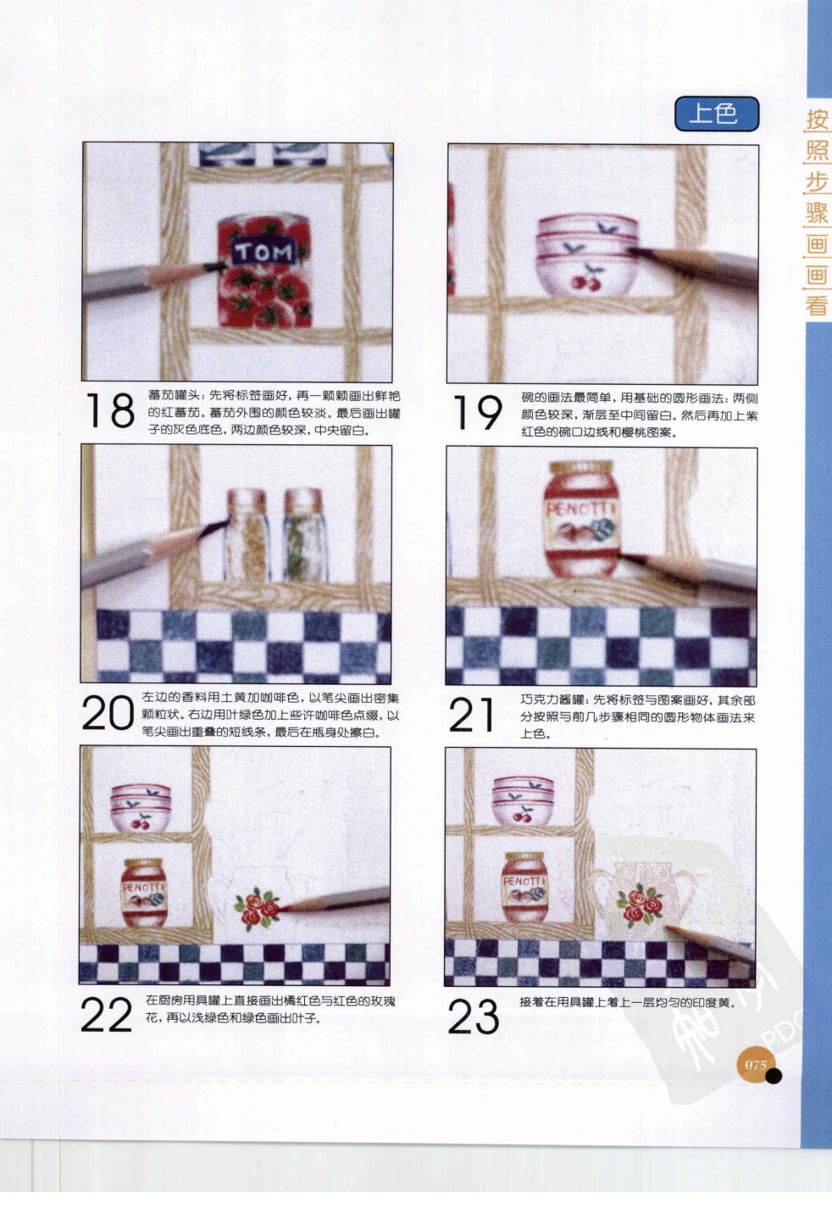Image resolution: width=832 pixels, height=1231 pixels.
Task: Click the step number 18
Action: click(110, 410)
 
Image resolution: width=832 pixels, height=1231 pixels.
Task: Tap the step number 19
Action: click(477, 412)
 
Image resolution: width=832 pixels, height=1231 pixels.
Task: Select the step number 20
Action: click(108, 713)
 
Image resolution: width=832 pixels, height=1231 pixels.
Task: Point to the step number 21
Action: click(472, 715)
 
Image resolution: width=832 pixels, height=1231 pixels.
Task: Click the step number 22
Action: click(107, 1015)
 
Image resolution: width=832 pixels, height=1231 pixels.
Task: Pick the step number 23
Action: click(473, 1017)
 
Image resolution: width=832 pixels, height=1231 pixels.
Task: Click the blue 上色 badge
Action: click(716, 114)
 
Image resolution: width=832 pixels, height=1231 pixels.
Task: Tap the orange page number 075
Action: click(755, 1064)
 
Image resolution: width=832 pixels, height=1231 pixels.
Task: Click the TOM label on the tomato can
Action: click(263, 252)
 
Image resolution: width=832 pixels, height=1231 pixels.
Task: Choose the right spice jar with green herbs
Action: click(303, 536)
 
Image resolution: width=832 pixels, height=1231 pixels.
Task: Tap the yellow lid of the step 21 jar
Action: click(580, 468)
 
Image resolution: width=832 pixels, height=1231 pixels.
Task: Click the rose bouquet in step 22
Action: click(257, 906)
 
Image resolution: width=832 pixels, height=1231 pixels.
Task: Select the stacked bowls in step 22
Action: click(141, 806)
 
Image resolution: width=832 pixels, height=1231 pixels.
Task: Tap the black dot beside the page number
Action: click(773, 1076)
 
